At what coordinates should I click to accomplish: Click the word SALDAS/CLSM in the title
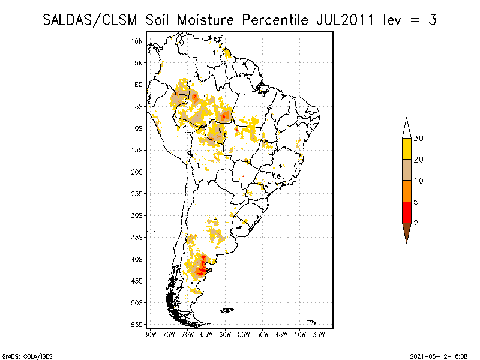(91, 19)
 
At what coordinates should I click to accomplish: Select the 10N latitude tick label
(137, 41)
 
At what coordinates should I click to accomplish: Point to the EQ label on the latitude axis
(139, 85)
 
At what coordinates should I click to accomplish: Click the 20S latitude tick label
(137, 172)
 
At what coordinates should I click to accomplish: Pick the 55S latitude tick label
(137, 325)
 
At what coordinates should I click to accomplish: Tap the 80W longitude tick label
(150, 334)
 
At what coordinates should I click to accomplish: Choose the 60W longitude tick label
(225, 334)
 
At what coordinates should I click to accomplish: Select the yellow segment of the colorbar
(407, 149)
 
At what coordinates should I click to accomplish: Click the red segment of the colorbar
(407, 212)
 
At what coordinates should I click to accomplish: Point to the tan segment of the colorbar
(407, 170)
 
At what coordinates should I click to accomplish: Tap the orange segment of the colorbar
(407, 191)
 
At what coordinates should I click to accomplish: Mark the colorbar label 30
(419, 139)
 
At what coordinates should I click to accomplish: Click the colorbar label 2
(416, 223)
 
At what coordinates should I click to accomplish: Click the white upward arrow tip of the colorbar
(407, 127)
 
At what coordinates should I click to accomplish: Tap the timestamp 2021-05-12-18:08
(439, 355)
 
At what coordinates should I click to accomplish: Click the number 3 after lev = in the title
(432, 19)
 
